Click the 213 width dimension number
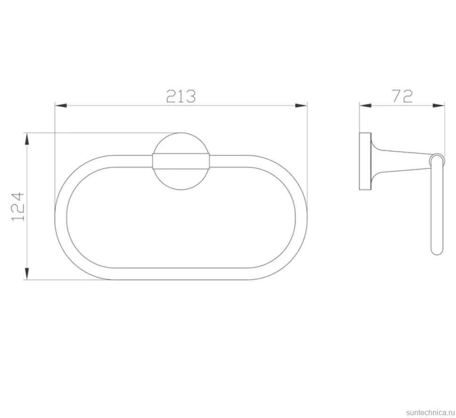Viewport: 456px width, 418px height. (x=181, y=96)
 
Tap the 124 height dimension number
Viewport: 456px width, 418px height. (x=18, y=206)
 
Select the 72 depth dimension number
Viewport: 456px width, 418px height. (x=402, y=96)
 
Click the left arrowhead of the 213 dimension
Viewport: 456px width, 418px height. (x=61, y=105)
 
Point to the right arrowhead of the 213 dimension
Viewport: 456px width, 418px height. (x=301, y=105)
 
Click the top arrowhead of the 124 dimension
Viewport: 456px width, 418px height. (x=27, y=139)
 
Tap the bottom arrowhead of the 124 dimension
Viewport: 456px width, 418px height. (x=27, y=274)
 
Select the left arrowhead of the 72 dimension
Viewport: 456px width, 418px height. (x=365, y=105)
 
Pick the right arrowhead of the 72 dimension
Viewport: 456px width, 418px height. (x=439, y=105)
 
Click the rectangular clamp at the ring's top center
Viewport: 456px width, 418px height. (x=181, y=161)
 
